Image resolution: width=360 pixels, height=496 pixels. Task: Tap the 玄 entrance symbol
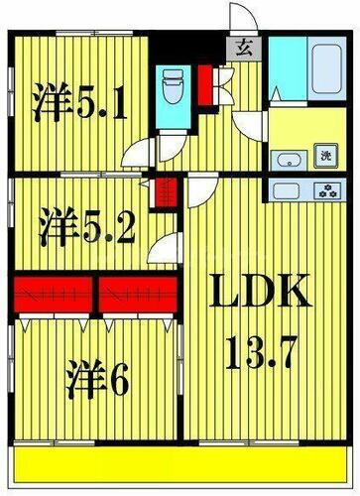[242, 45]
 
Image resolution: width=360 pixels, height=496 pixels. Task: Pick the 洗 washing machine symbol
[324, 155]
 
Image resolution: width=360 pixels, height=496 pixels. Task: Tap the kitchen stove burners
[326, 190]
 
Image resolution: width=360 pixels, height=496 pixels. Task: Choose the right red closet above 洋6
[139, 293]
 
